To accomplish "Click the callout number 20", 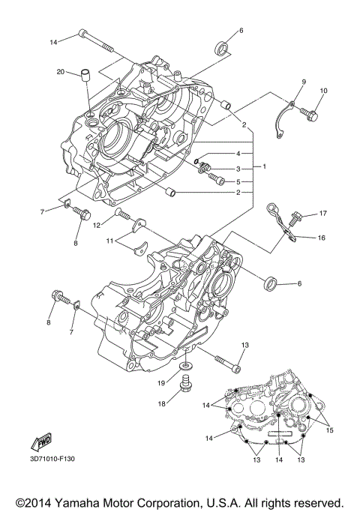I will (60, 72).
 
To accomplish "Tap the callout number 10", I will (324, 91).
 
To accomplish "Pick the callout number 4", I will (238, 154).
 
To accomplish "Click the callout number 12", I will (97, 225).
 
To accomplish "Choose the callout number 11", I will (110, 241).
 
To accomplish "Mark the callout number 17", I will (324, 214).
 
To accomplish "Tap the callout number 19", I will (160, 383).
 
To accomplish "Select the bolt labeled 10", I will (310, 113).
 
